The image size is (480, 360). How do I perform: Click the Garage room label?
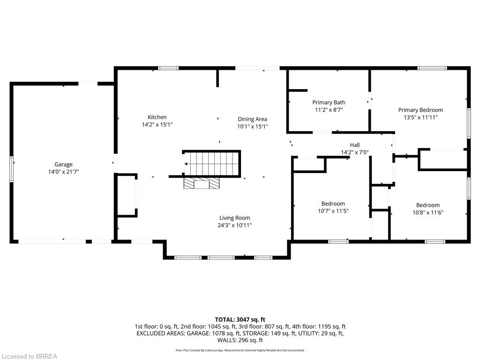pyautogui.click(x=63, y=165)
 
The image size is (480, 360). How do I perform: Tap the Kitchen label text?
pyautogui.click(x=157, y=117)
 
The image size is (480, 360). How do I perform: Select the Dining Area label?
pyautogui.click(x=253, y=120)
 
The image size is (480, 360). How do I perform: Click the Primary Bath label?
pyautogui.click(x=329, y=103)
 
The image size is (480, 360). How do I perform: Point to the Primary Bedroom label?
pyautogui.click(x=420, y=110)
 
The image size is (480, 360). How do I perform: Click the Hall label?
pyautogui.click(x=355, y=145)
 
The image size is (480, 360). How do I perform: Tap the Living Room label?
pyautogui.click(x=234, y=218)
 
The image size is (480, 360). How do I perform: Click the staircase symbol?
pyautogui.click(x=212, y=164)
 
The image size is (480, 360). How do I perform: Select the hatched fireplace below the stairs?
pyautogui.click(x=202, y=183)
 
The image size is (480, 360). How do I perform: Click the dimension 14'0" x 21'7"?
pyautogui.click(x=63, y=172)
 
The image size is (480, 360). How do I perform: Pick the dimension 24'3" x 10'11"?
pyautogui.click(x=234, y=225)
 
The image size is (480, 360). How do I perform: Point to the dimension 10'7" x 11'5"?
pyautogui.click(x=333, y=211)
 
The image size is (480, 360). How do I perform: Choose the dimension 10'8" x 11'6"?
pyautogui.click(x=427, y=212)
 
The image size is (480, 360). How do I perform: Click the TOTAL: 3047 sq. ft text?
pyautogui.click(x=240, y=320)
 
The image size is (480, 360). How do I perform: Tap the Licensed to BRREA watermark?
pyautogui.click(x=30, y=356)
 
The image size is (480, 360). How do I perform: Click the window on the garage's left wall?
pyautogui.click(x=12, y=169)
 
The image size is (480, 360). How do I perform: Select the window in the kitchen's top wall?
pyautogui.click(x=168, y=68)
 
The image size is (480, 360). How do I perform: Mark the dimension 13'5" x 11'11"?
pyautogui.click(x=420, y=118)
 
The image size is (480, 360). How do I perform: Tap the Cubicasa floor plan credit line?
pyautogui.click(x=240, y=350)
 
